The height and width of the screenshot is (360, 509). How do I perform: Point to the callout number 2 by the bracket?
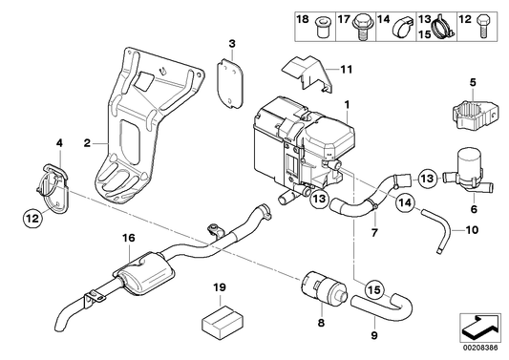point(87,144)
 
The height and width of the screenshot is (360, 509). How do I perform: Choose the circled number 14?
point(404,202)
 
